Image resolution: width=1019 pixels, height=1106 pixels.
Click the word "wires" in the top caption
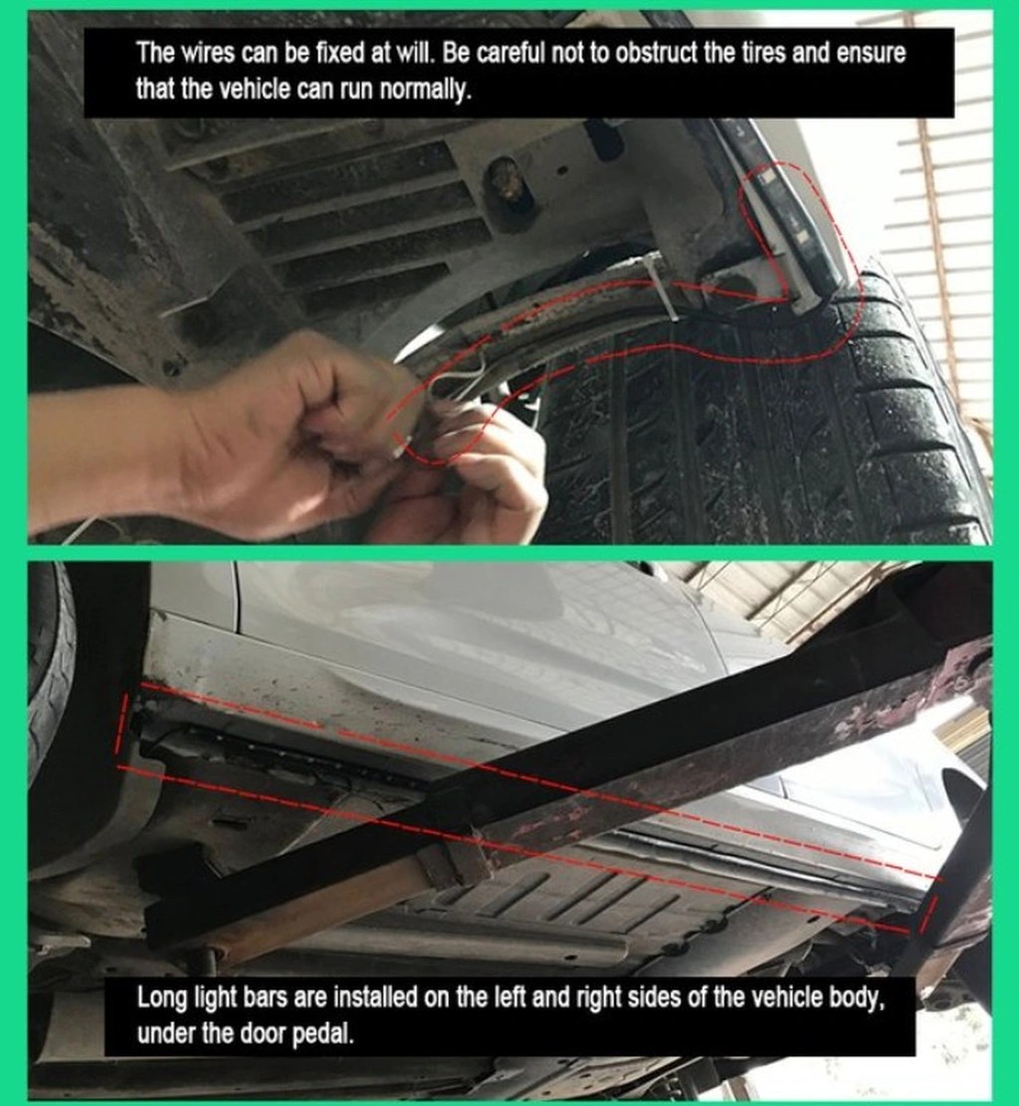(205, 54)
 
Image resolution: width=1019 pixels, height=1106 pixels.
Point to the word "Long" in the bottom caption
(161, 998)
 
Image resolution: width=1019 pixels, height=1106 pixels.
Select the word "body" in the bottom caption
(858, 998)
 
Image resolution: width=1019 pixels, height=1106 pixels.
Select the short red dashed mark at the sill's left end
(123, 724)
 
